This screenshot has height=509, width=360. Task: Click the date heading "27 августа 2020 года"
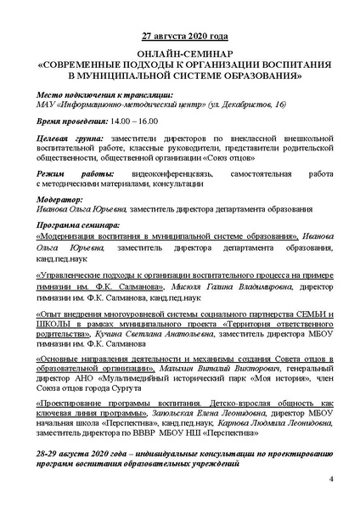[x=179, y=38]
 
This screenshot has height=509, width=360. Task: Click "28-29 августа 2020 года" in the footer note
[x=86, y=455]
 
